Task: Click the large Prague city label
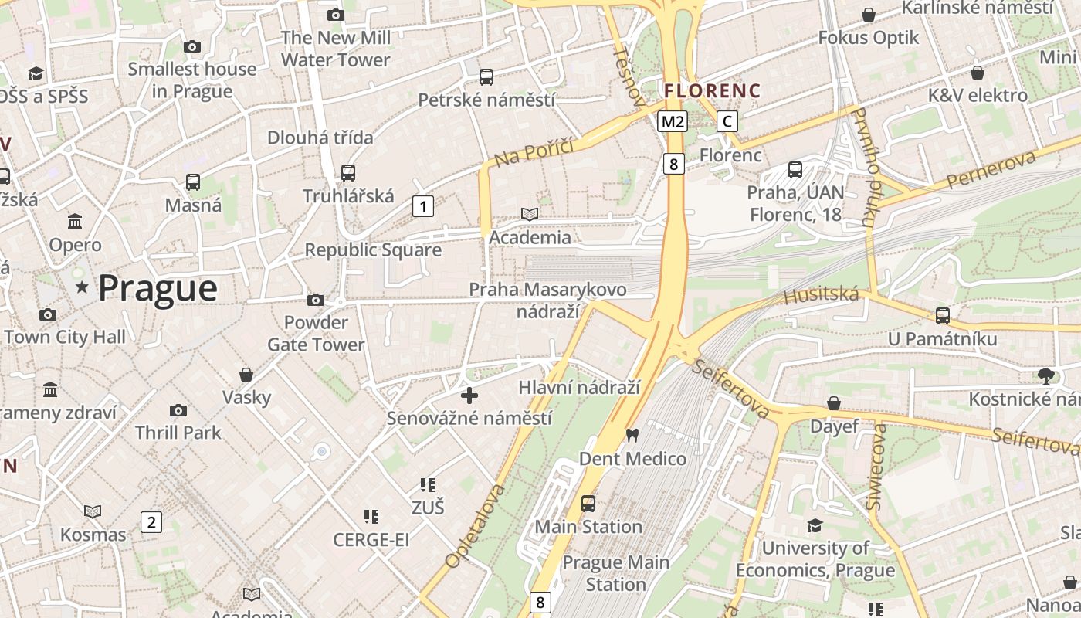click(158, 288)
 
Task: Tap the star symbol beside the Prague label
click(82, 287)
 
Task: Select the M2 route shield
click(673, 121)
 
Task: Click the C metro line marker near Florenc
click(727, 121)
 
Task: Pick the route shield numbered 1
click(422, 206)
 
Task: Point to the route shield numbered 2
click(151, 521)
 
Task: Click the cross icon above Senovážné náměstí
click(469, 396)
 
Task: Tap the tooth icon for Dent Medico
click(632, 436)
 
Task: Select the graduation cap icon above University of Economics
click(815, 525)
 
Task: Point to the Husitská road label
click(821, 295)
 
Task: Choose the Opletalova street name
click(475, 526)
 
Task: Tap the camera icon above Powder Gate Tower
click(315, 300)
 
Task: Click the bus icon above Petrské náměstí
click(486, 76)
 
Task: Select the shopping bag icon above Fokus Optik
click(869, 15)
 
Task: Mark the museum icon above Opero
click(75, 222)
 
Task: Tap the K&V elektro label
click(978, 96)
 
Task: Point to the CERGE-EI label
click(371, 540)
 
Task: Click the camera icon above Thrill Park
click(178, 410)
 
